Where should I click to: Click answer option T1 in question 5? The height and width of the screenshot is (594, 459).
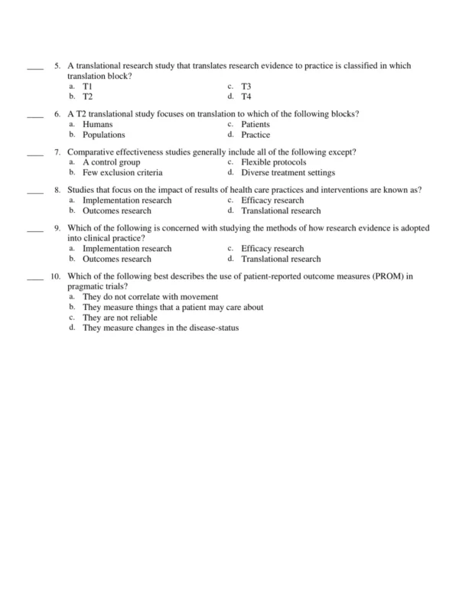pos(88,87)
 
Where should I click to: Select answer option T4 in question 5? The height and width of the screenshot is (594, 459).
pos(246,97)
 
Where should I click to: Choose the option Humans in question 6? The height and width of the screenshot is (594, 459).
pos(98,125)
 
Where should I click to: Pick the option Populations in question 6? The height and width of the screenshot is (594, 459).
pos(103,135)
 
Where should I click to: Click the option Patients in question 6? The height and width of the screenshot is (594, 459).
pos(255,125)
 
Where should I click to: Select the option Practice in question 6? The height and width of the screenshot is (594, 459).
pos(255,135)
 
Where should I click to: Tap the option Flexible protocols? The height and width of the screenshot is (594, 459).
pos(273,162)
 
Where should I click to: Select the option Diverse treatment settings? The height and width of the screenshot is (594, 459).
pos(288,172)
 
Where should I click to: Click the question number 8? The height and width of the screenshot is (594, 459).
pos(57,190)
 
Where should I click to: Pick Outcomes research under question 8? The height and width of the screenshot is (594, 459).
pos(116,211)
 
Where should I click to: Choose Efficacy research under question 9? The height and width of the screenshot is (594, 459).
pos(272,249)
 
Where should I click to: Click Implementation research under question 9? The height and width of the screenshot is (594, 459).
pos(127,249)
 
